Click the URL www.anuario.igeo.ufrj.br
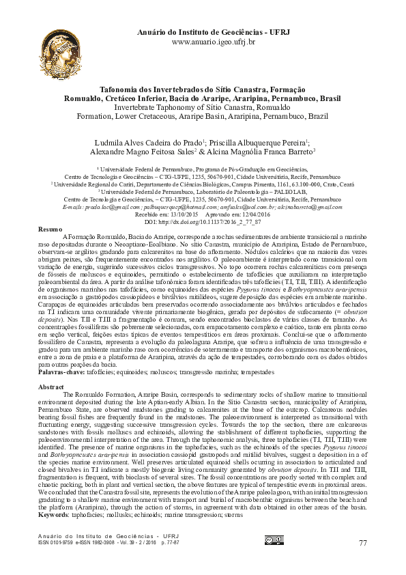pos(213,42)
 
